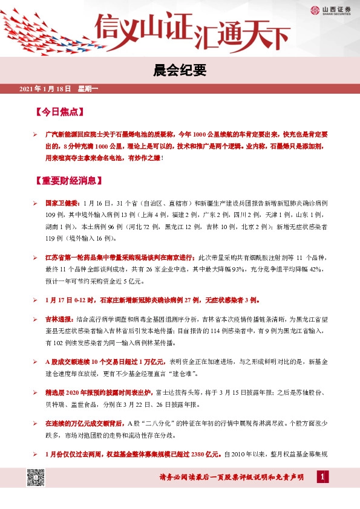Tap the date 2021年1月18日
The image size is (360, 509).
pos(45,89)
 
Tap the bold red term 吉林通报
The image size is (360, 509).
pos(59,318)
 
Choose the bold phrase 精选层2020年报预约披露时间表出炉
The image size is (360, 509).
pos(100,392)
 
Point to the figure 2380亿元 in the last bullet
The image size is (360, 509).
pos(207,454)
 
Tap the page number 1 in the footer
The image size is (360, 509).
pos(324,478)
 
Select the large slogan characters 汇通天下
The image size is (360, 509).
pos(240,36)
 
